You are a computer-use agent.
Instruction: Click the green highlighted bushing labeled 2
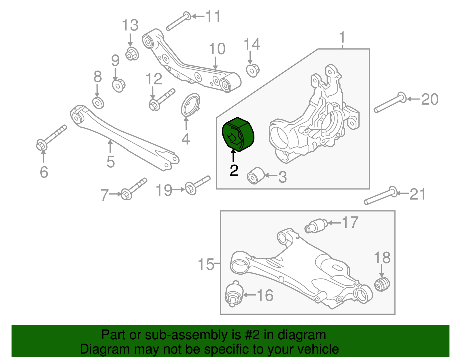pos(238,134)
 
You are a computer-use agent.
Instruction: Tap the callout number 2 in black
pos(234,171)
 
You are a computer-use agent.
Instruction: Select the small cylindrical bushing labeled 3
pos(255,175)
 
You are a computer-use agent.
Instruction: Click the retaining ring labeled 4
pos(190,105)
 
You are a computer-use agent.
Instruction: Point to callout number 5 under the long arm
pos(111,162)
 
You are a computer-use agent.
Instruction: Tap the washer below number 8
pos(98,103)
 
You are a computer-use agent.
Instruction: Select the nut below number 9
pos(118,85)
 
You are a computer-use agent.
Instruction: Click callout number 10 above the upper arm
pos(217,49)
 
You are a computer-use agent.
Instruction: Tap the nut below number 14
pos(253,70)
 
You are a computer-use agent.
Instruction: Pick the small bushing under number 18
pos(382,284)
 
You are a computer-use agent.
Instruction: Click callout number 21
pos(417,194)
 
